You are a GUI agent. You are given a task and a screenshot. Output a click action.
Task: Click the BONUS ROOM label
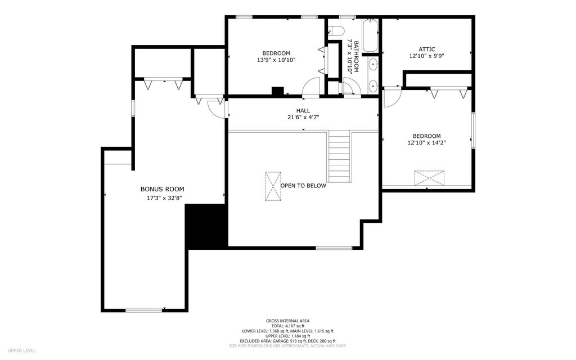click(163, 189)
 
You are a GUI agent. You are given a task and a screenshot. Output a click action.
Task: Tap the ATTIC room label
click(427, 49)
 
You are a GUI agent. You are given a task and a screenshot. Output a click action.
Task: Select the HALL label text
click(303, 111)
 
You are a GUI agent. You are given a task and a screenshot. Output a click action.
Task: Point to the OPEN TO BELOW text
click(303, 186)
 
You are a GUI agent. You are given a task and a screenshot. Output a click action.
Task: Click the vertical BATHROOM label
click(356, 57)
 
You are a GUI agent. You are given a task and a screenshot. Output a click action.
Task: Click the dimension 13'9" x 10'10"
click(276, 60)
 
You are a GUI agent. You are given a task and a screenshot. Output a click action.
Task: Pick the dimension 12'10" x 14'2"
click(426, 143)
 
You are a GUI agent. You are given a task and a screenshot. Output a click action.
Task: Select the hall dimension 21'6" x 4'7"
click(303, 118)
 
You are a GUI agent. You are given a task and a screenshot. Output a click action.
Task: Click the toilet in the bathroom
click(335, 30)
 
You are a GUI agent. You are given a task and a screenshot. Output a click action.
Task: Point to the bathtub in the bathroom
click(370, 35)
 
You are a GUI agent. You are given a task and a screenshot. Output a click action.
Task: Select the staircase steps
click(339, 156)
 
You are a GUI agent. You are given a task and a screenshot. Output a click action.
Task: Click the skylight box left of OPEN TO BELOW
click(273, 186)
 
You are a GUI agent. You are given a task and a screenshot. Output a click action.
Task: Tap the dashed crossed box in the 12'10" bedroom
click(429, 178)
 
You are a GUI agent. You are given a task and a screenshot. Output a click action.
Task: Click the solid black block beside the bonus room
click(206, 226)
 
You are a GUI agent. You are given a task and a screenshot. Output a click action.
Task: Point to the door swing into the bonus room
click(217, 109)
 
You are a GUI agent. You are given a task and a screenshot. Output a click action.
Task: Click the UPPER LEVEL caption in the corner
click(22, 351)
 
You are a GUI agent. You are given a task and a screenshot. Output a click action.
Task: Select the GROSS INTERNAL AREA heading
click(287, 321)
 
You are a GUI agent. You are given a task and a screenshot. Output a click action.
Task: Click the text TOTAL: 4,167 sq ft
click(287, 326)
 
